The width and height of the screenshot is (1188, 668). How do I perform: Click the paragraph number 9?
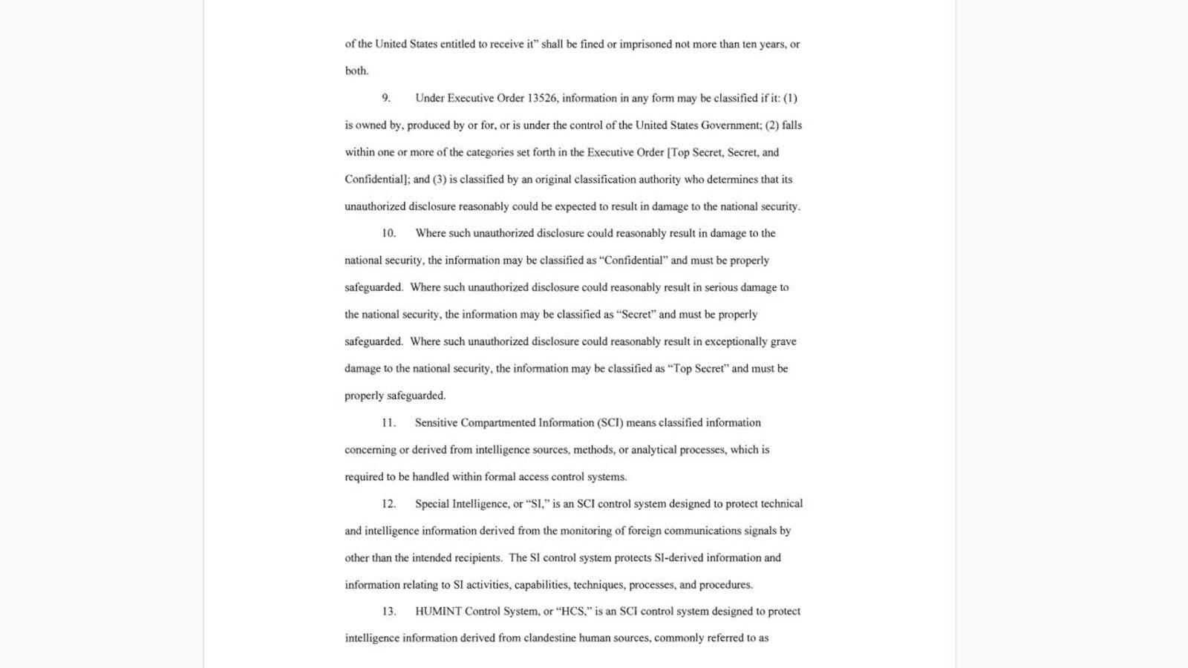(385, 98)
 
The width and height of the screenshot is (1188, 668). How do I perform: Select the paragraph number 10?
(388, 233)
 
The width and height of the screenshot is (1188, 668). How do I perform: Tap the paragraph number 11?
(388, 422)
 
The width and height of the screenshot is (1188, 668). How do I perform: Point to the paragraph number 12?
(388, 503)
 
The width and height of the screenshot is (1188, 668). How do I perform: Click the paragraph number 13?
(388, 611)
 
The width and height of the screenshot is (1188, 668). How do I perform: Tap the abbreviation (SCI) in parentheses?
(610, 422)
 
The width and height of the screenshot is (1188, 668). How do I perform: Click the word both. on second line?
(356, 71)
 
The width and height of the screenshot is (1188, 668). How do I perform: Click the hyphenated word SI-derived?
(679, 557)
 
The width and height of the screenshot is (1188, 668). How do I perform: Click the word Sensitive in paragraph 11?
(436, 422)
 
